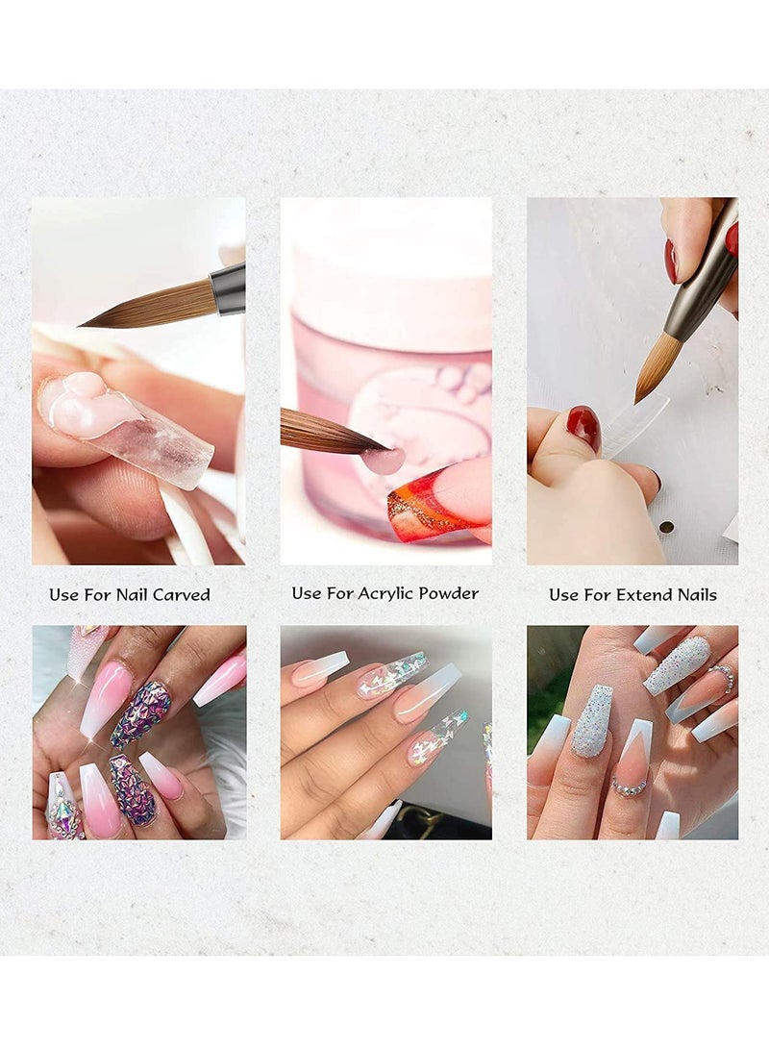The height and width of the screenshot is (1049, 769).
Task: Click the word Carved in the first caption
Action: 182,595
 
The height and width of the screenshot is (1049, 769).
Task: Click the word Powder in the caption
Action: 454,593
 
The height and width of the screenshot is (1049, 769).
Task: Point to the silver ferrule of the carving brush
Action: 228,288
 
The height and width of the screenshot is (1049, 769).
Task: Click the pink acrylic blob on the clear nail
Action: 90,401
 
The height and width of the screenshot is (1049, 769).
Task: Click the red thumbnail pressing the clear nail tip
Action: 583,429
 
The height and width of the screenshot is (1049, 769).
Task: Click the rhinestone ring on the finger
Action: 631,786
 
